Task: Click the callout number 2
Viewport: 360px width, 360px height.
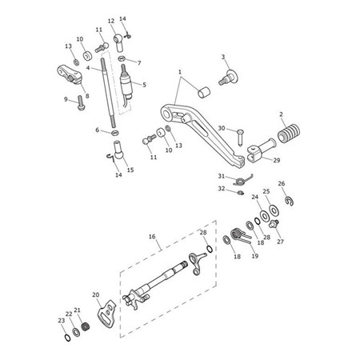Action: pos(281,114)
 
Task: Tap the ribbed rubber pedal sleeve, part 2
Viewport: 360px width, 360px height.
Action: pos(289,133)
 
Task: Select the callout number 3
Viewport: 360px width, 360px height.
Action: pos(223,57)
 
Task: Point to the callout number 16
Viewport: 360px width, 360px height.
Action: pos(152,237)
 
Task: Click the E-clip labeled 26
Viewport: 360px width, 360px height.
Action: pos(289,201)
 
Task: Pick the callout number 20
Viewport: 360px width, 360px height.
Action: pos(96,295)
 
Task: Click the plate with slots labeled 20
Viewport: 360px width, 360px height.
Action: pos(106,314)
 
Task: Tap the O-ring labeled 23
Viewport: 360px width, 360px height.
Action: pos(68,338)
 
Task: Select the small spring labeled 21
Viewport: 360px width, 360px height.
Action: pos(85,326)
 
